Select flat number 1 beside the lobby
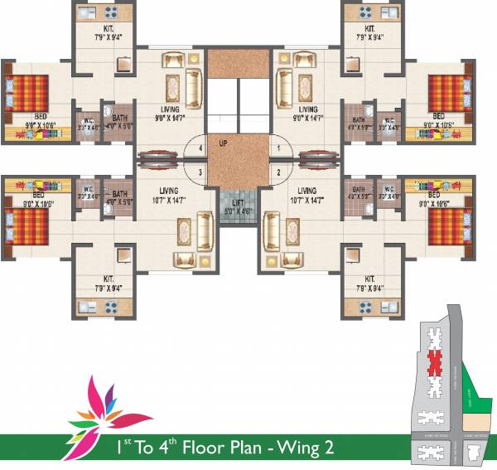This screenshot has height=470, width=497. pyautogui.click(x=278, y=148)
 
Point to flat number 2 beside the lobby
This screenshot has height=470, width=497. pyautogui.click(x=278, y=172)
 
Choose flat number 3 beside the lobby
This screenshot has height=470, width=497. pyautogui.click(x=200, y=172)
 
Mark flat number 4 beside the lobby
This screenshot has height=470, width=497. pyautogui.click(x=200, y=148)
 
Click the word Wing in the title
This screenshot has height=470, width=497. pyautogui.click(x=297, y=448)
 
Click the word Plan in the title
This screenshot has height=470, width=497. pyautogui.click(x=245, y=448)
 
